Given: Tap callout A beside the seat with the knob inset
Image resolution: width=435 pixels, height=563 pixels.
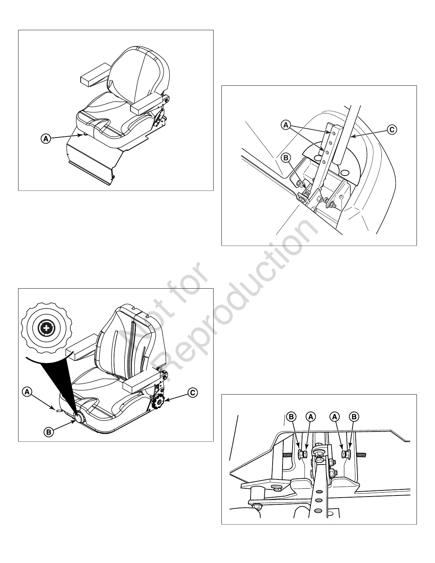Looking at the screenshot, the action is (27, 392).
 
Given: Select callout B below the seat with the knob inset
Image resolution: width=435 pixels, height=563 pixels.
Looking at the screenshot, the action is (49, 432).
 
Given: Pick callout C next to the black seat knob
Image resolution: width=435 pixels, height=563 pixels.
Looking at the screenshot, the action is (192, 393).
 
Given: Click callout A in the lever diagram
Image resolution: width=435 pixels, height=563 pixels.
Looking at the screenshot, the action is (285, 125).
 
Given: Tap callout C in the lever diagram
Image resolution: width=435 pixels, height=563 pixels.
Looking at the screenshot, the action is (392, 130).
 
